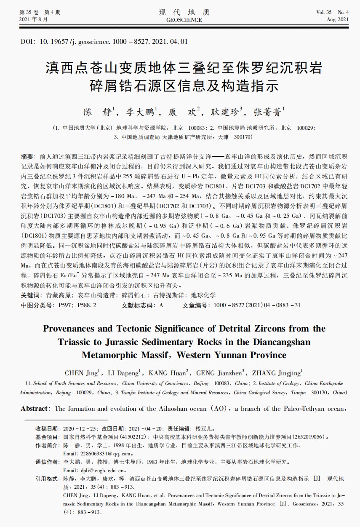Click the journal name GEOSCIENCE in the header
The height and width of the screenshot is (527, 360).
pos(184,20)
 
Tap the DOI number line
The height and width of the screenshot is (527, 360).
pos(104,42)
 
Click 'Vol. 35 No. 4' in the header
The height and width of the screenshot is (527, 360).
pos(333,13)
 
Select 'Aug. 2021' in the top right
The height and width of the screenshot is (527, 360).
pos(338,20)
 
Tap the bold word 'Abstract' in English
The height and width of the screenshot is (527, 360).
pos(35,409)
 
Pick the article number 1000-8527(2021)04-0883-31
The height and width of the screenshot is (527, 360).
pos(257,305)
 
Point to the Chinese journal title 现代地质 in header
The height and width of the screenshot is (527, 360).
pos(184,12)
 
